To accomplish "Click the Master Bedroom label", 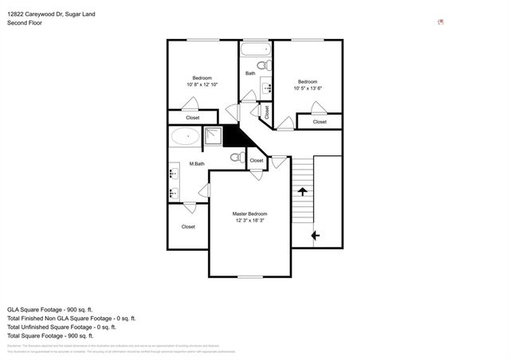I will tap(249, 214).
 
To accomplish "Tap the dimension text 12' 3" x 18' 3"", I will tap(249, 221).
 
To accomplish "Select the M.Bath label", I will tap(197, 164).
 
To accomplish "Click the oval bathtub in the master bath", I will tap(186, 136).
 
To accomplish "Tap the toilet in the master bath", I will tap(235, 158).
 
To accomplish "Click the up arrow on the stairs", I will tap(302, 191).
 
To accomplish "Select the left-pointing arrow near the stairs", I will tap(316, 235).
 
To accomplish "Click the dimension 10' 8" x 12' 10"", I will tap(202, 84).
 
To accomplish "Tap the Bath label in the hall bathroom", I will tap(250, 73).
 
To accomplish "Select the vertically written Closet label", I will tap(266, 113).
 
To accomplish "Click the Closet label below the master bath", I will tap(188, 226).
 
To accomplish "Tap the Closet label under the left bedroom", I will tap(193, 118).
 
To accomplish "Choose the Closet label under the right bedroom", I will tap(319, 122).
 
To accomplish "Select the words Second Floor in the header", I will tap(25, 23).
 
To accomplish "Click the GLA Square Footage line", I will tap(50, 308).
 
